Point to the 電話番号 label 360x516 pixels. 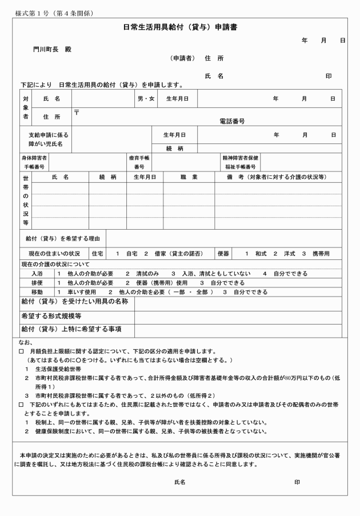pyautogui.click(x=232, y=121)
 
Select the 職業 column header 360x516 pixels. pyautogui.click(x=189, y=177)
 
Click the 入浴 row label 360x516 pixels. pyautogui.click(x=37, y=274)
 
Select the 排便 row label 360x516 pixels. pyautogui.click(x=37, y=282)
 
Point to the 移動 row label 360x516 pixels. pyautogui.click(x=37, y=291)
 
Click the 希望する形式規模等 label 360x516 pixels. pyautogui.click(x=51, y=315)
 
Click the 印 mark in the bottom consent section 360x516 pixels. pyautogui.click(x=297, y=482)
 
